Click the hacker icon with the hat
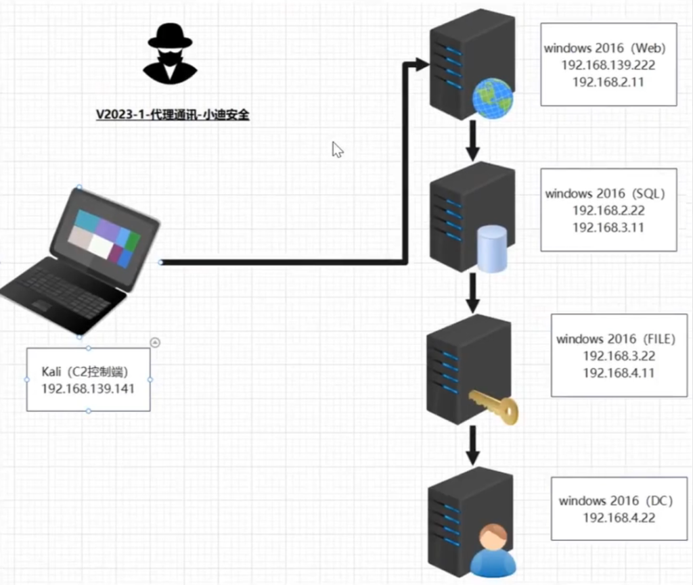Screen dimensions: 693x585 coord(170,54)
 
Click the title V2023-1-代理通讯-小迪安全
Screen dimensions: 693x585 coord(173,115)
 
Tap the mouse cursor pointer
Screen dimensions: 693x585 coord(337,149)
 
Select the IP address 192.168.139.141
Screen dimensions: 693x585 coord(88,389)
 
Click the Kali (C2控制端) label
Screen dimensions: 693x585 coord(85,372)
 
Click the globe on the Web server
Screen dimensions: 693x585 coord(493,98)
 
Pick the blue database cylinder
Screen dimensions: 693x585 coord(493,249)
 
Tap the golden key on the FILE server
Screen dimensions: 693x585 coord(493,407)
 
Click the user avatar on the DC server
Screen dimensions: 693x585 coord(493,551)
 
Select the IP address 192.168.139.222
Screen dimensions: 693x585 coord(608,66)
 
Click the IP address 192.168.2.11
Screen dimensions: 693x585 coord(608,82)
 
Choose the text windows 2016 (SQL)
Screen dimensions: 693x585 coord(605,193)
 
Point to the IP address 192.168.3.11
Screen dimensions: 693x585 coord(608,227)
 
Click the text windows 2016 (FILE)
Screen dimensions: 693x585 coord(616,339)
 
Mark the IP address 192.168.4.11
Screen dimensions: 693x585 coord(619,373)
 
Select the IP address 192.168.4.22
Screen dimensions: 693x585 coord(619,518)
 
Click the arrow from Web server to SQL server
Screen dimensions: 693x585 coord(472,141)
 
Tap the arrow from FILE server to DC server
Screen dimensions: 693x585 coord(472,446)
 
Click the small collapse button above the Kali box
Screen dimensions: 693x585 coord(155,342)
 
